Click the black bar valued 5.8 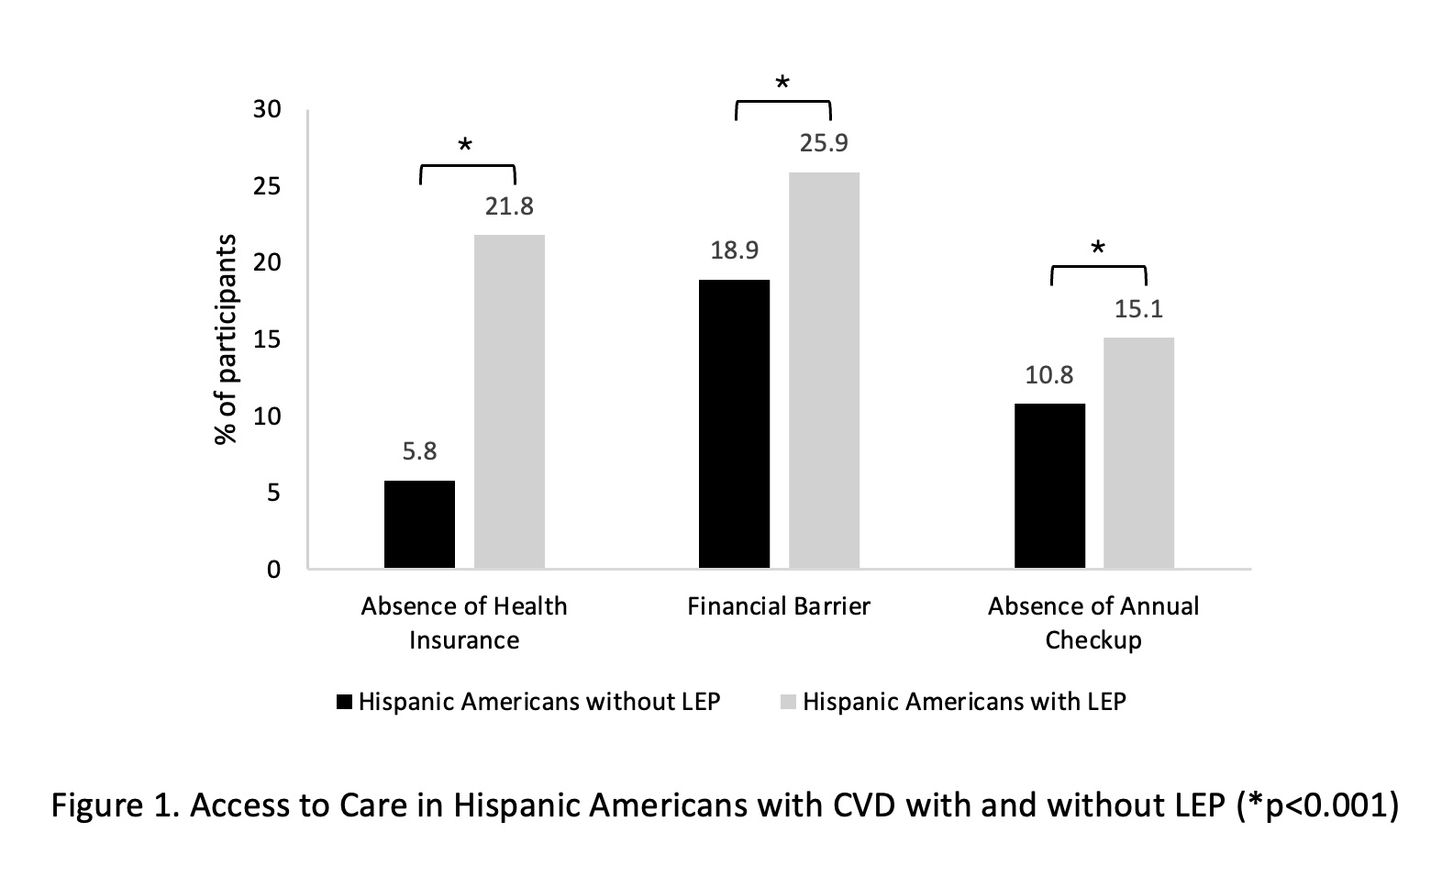(419, 524)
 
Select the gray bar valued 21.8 (509, 401)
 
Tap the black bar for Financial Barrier (734, 424)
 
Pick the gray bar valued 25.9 (824, 370)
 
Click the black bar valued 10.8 (1049, 485)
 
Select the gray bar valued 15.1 (1138, 452)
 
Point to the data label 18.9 (734, 250)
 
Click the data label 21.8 (509, 205)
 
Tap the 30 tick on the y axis (267, 109)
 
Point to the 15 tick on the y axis (267, 339)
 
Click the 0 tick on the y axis (273, 570)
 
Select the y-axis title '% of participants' (226, 339)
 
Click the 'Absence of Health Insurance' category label (464, 623)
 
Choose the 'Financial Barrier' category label (779, 606)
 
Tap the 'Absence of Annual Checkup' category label (1093, 623)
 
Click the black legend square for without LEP (345, 702)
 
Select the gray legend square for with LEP (788, 702)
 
